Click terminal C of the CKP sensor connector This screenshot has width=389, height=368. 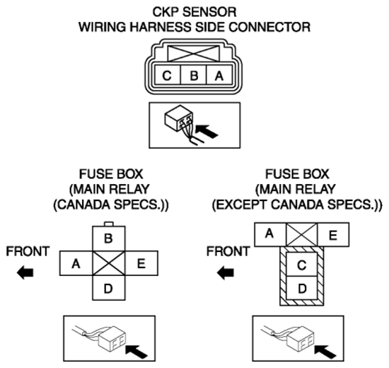tap(167, 75)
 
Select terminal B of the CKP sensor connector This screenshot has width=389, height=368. tap(194, 75)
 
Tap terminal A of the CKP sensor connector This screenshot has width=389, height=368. tap(219, 75)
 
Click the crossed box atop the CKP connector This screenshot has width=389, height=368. tap(194, 53)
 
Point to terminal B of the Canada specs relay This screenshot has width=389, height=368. tap(109, 238)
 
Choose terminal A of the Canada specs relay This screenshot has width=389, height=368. tap(76, 263)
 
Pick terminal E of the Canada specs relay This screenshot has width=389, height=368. tap(141, 263)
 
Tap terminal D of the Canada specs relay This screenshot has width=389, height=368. tap(109, 287)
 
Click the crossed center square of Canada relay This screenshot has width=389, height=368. tap(109, 263)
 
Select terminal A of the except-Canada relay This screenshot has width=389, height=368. tap(270, 234)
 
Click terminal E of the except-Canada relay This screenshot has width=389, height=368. tap(333, 234)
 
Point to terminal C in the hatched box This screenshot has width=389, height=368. tap(302, 264)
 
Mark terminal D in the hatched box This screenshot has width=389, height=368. tap(302, 288)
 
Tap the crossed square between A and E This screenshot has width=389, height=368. tap(302, 234)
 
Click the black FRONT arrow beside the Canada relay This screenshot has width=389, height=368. tap(25, 272)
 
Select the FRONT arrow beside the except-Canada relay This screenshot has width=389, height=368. tap(226, 272)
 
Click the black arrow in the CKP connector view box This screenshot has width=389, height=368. tap(207, 131)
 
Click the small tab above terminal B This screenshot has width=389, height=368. tap(109, 224)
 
